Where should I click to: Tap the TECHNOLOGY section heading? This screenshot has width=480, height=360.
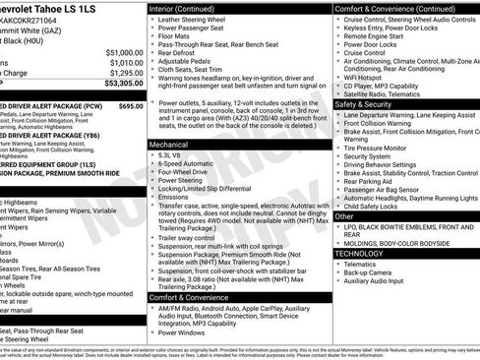coord(359,254)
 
